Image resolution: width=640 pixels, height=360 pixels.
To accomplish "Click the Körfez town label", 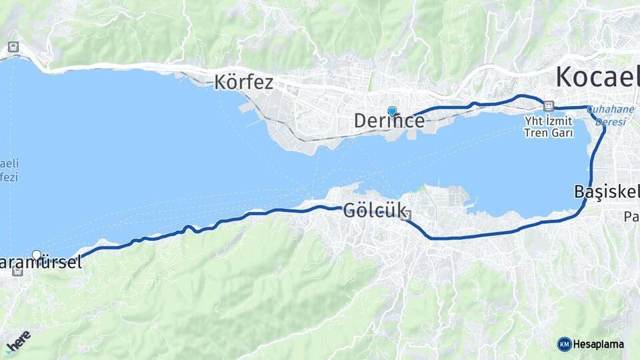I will [244, 83].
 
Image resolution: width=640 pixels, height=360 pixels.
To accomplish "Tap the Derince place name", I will [389, 121].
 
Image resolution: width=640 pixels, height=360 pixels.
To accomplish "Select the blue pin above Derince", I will [392, 111].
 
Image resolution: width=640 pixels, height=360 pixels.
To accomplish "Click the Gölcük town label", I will [374, 211].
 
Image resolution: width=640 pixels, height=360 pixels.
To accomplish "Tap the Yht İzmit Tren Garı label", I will [549, 126].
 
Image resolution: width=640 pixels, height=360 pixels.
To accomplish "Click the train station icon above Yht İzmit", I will [549, 106].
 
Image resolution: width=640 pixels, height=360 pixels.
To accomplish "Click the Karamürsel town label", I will [41, 263].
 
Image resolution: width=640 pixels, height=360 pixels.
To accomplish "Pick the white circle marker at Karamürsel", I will [37, 255].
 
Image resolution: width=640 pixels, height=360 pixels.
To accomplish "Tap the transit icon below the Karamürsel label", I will [17, 271].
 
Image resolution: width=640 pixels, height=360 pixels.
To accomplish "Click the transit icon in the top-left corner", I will [13, 47].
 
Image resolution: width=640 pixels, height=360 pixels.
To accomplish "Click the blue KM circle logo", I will [564, 344].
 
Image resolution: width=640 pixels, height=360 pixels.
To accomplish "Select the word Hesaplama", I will [598, 345].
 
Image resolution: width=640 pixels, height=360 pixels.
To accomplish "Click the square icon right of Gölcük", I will [406, 215].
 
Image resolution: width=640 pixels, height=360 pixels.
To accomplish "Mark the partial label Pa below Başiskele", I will [631, 217].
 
